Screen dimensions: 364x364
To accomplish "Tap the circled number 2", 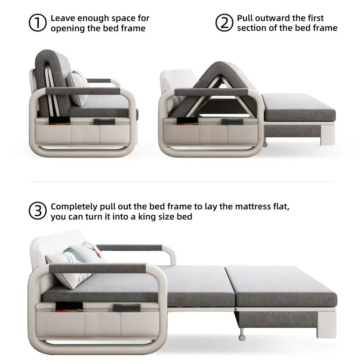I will [x=224, y=23].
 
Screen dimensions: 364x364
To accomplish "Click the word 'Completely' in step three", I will [x=74, y=206].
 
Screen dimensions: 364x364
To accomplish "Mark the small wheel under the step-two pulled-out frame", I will [x=264, y=145].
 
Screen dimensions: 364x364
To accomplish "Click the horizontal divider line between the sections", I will [x=182, y=181].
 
